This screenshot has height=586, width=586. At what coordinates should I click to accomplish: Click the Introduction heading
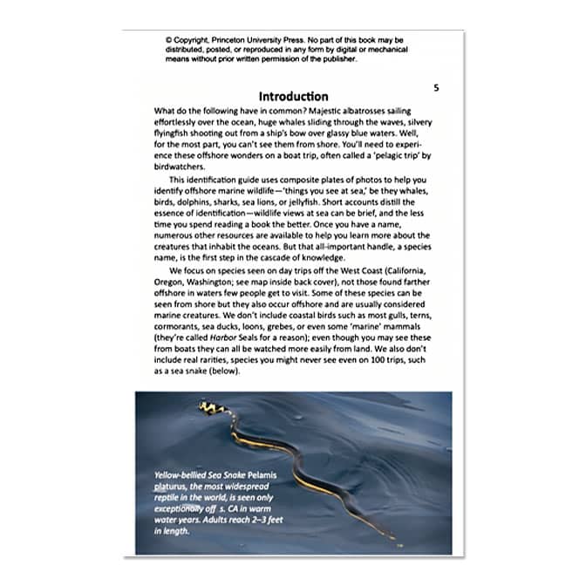point(293,96)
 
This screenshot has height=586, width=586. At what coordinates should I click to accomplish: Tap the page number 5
point(437,88)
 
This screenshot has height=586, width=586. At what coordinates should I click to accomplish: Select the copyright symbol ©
point(167,40)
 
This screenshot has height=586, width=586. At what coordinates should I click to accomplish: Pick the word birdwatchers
point(182,167)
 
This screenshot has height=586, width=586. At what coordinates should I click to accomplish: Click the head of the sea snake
point(207,406)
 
